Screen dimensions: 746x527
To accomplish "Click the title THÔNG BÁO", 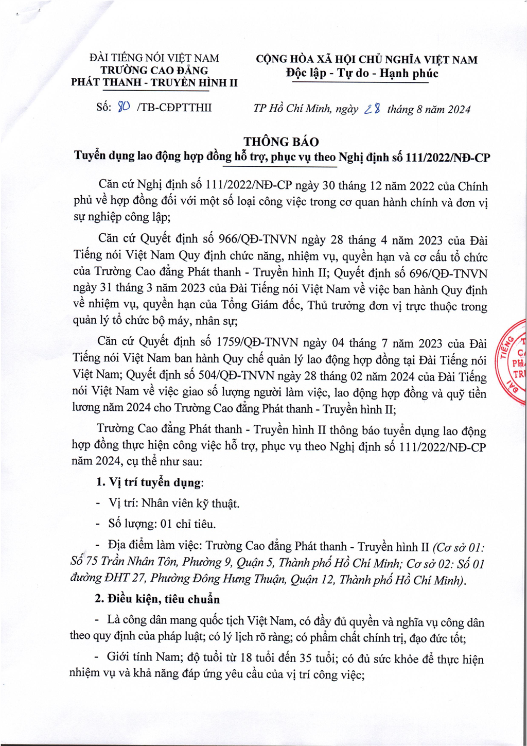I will point(281,142).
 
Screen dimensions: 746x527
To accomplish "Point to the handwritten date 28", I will point(372,109).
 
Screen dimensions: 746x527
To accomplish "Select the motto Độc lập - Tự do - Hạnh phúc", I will point(362,73).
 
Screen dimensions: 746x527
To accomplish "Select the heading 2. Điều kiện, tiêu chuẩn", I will point(157,599).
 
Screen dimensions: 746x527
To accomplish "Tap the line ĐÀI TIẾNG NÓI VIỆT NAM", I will point(154,58).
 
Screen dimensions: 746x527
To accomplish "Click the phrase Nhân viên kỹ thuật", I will point(190,503).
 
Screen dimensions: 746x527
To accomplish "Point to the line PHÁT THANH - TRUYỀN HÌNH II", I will point(154,82).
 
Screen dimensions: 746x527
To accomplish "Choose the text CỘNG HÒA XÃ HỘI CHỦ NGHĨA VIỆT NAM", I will point(366,59).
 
